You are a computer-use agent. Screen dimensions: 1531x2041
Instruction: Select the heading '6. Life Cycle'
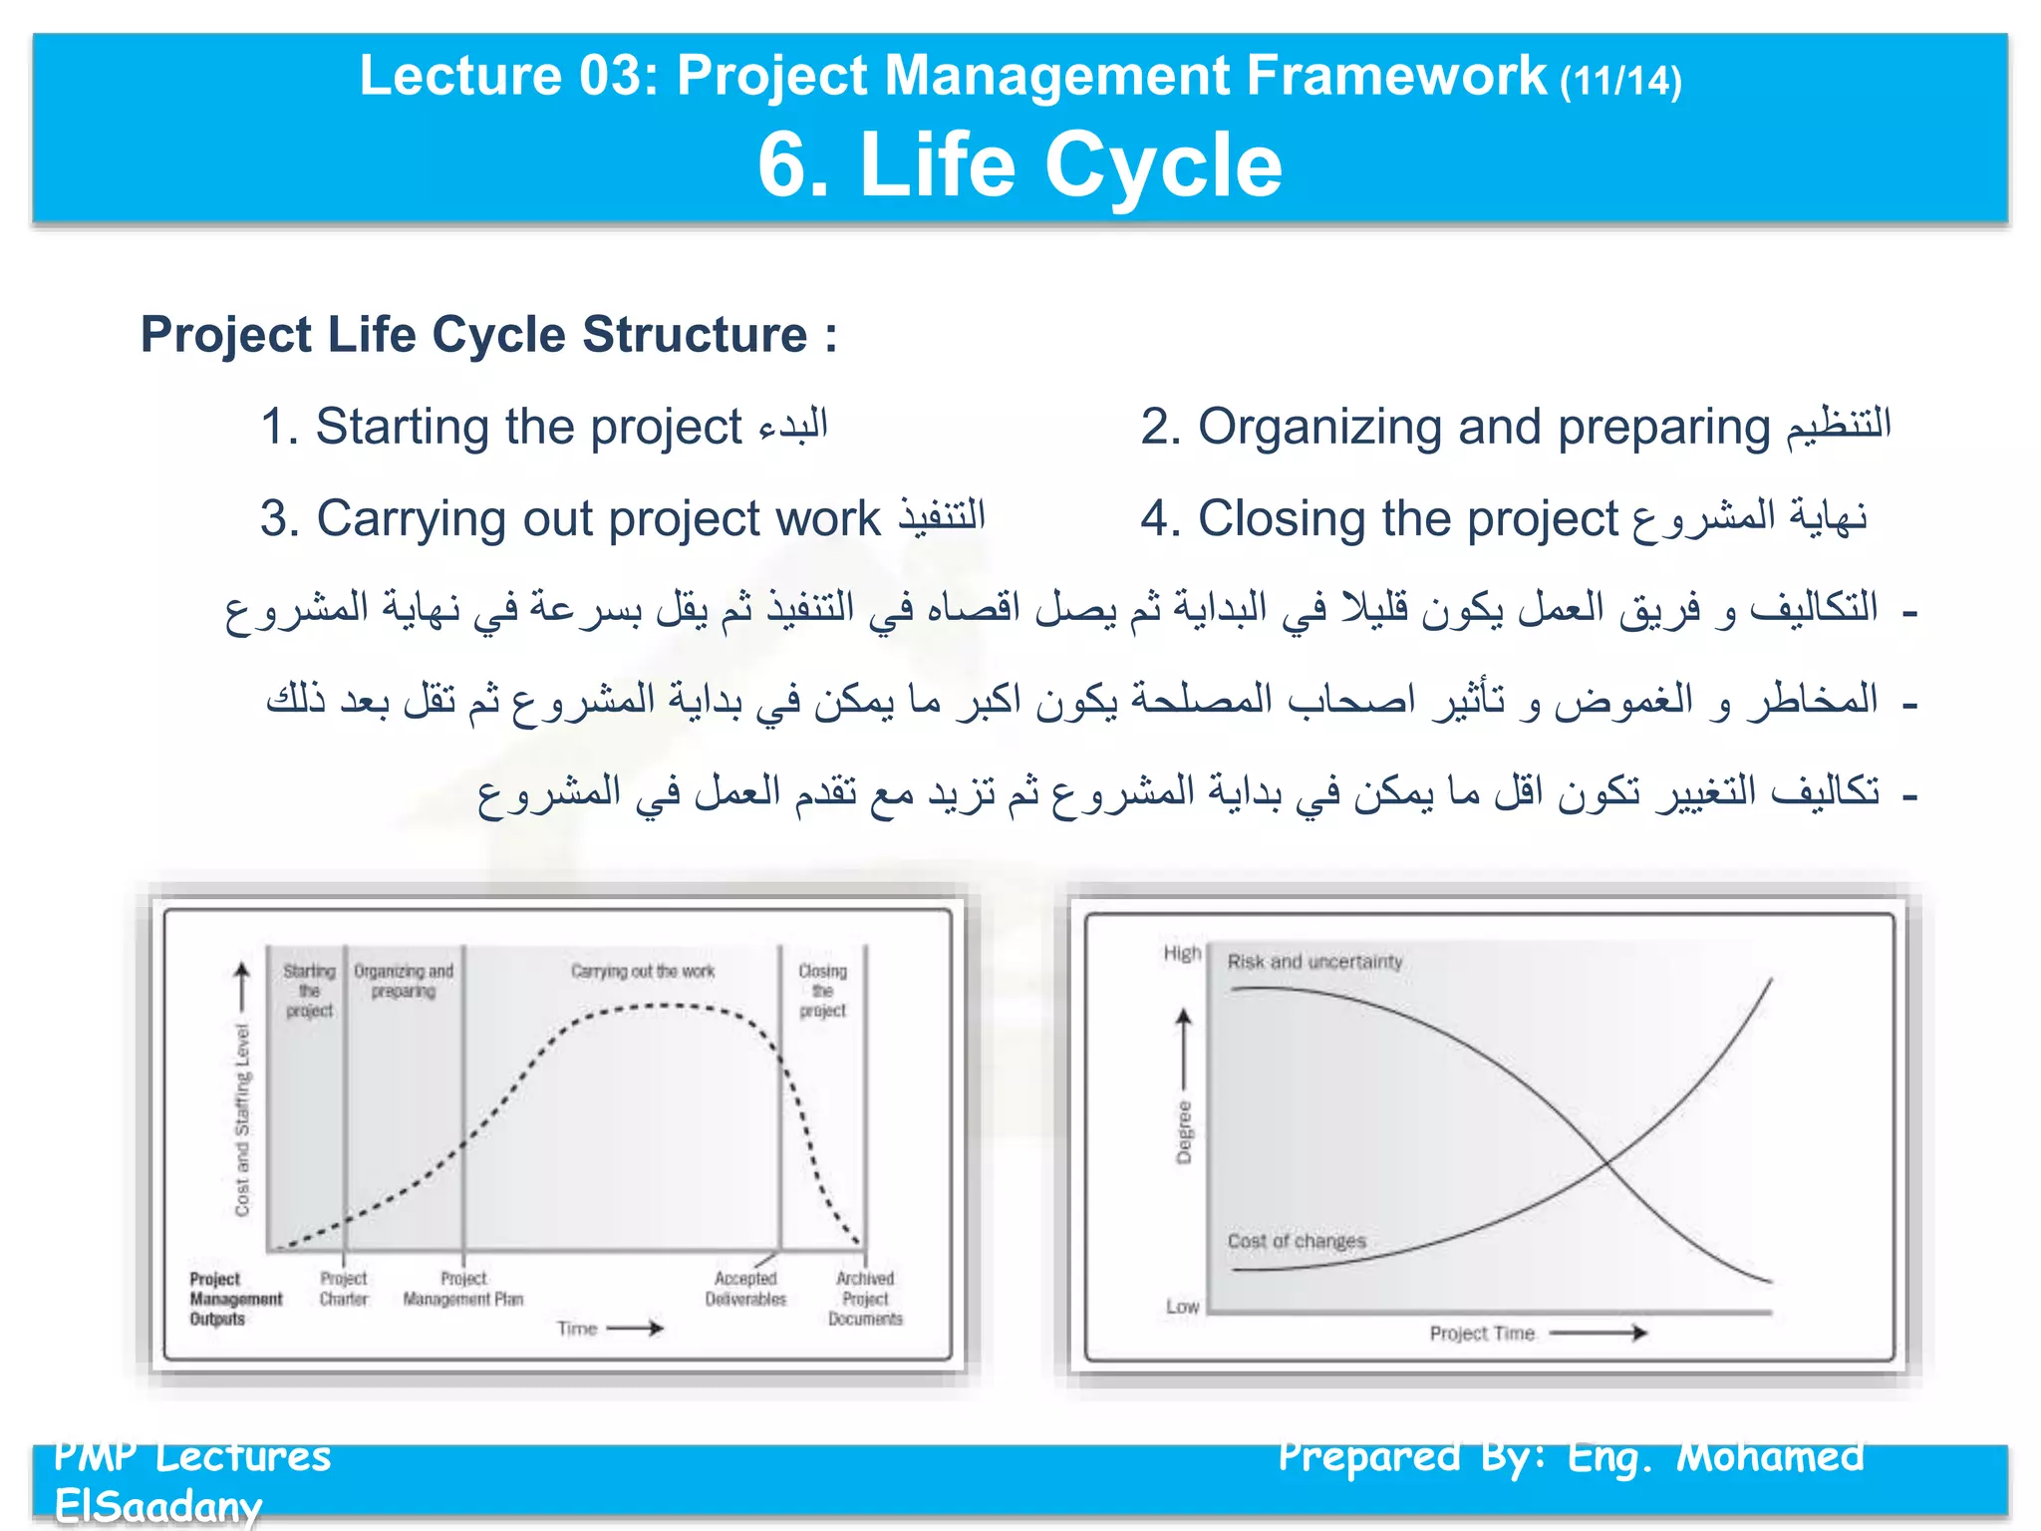[1020, 165]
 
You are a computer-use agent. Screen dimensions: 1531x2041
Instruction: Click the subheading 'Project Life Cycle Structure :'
[488, 335]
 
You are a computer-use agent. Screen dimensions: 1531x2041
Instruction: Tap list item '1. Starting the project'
[543, 428]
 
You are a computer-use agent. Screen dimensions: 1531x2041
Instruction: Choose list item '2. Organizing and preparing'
[1515, 428]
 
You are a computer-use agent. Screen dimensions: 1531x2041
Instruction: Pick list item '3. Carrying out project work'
[622, 519]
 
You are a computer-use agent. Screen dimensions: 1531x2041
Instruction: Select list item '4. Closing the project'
[1503, 519]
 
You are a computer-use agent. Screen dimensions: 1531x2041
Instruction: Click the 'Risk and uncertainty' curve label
[1314, 962]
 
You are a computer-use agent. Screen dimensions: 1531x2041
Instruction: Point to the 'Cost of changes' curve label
[1297, 1241]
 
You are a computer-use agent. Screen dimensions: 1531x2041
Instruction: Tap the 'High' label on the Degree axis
[1182, 954]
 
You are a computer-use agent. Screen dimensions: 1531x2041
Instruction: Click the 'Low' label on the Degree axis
[1183, 1307]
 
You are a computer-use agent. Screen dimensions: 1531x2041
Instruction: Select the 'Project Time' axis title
[1482, 1334]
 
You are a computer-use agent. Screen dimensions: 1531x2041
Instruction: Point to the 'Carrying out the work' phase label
[643, 972]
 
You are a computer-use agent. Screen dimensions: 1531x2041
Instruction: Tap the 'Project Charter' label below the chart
[344, 1289]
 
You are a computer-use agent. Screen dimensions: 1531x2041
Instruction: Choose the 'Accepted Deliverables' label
[745, 1289]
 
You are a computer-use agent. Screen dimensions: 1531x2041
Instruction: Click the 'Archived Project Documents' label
[865, 1299]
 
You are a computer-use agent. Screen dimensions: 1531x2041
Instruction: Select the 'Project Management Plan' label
[463, 1289]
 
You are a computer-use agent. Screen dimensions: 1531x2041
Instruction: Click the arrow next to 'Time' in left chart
[635, 1329]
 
